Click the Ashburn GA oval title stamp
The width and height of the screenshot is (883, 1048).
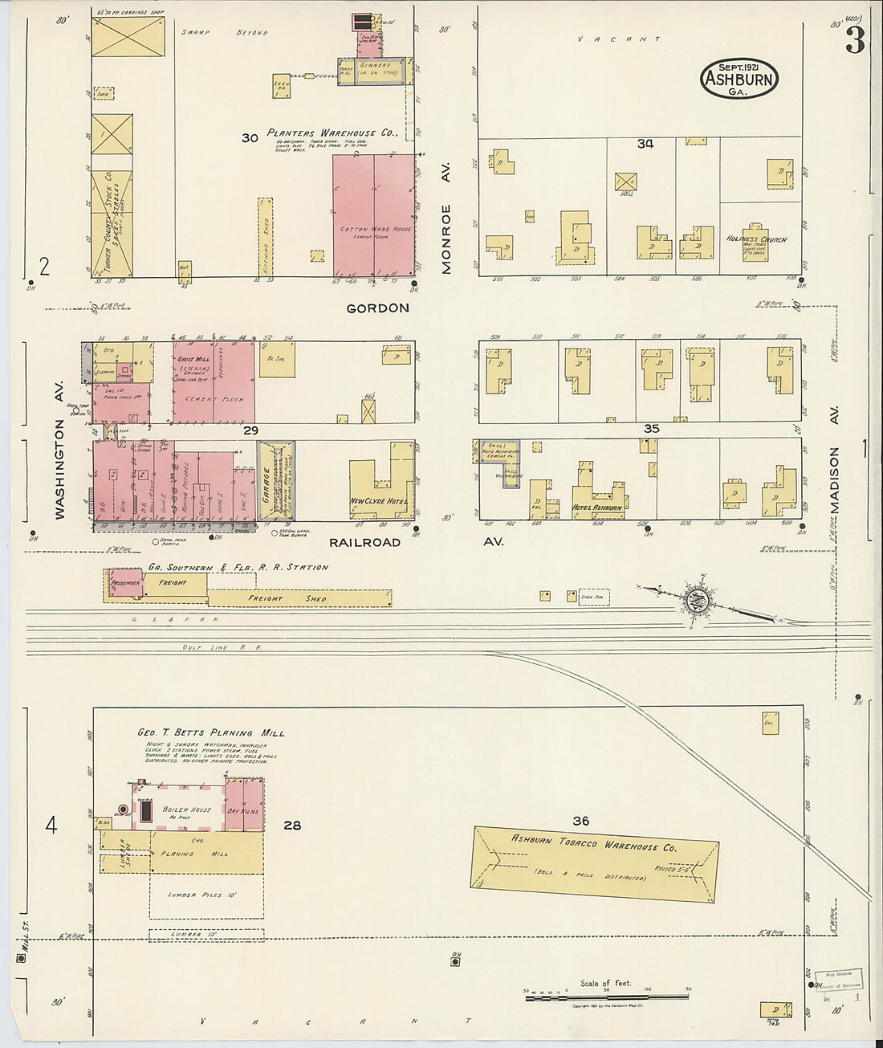tap(739, 79)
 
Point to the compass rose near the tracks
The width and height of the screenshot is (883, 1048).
tap(695, 599)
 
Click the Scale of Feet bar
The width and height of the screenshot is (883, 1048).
tap(606, 997)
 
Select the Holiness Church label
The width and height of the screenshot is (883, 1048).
tap(756, 239)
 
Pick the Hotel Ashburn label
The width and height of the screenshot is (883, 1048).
tap(596, 508)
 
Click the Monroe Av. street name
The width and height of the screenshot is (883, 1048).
tap(446, 218)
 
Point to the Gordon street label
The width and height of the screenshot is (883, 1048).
tap(377, 308)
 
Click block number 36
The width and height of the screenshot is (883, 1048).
tap(580, 821)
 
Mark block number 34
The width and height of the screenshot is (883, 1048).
tap(645, 144)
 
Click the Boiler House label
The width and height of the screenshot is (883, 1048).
tap(186, 810)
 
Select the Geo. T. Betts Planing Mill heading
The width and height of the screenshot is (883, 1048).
tap(210, 733)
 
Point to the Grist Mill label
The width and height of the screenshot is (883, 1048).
tap(193, 359)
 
